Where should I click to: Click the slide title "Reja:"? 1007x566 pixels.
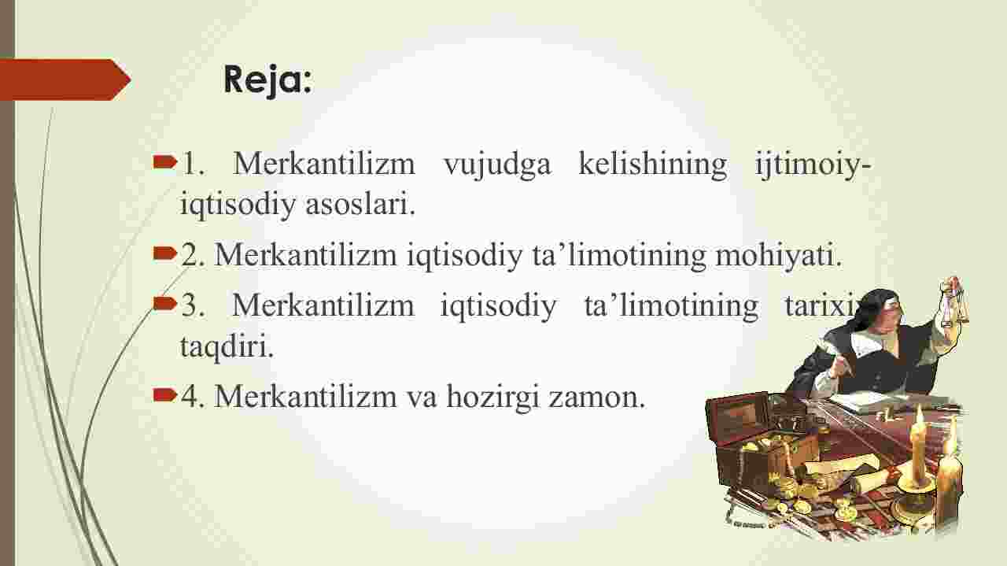pyautogui.click(x=267, y=80)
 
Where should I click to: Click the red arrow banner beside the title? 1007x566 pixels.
pyautogui.click(x=65, y=80)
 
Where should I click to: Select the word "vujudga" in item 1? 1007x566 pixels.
pyautogui.click(x=497, y=165)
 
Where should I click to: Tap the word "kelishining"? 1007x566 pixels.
pyautogui.click(x=652, y=165)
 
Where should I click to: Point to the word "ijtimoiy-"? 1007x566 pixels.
pyautogui.click(x=813, y=165)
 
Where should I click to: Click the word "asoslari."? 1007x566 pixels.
pyautogui.click(x=360, y=204)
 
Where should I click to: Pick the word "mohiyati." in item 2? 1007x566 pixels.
pyautogui.click(x=778, y=256)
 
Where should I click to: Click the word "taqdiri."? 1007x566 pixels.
pyautogui.click(x=227, y=346)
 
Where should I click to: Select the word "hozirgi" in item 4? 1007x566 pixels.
pyautogui.click(x=492, y=398)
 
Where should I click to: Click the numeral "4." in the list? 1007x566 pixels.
pyautogui.click(x=193, y=397)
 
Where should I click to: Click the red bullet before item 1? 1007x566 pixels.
pyautogui.click(x=164, y=162)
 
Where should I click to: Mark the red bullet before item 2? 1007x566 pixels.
pyautogui.click(x=164, y=253)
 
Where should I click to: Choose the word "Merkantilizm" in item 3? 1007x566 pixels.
pyautogui.click(x=323, y=305)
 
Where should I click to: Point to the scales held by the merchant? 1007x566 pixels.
pyautogui.click(x=952, y=302)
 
